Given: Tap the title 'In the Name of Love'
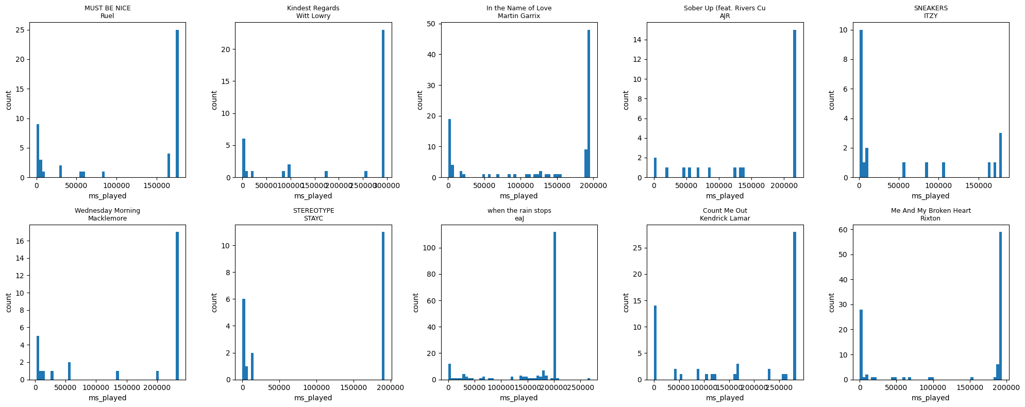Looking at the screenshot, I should point(518,8).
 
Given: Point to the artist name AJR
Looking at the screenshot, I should point(725,16).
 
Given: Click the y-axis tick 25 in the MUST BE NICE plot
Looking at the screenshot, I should point(21,30).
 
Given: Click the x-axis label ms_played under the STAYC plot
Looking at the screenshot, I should point(313,398).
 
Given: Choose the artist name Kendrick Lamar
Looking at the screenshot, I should point(725,218).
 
